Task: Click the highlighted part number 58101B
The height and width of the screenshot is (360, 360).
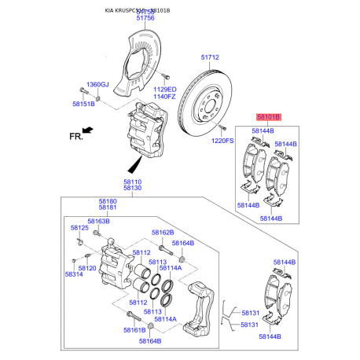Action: point(266,117)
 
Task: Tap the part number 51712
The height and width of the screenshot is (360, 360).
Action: point(209,57)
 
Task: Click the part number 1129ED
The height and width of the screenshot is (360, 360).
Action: point(165,90)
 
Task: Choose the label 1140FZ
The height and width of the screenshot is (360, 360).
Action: point(165,97)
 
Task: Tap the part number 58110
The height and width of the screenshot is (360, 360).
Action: point(132,181)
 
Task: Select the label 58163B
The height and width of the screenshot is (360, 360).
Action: point(98,222)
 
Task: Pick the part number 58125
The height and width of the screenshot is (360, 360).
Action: point(79,228)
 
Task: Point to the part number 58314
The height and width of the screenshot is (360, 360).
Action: point(74,274)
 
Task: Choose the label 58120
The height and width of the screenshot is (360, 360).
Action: point(87,268)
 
